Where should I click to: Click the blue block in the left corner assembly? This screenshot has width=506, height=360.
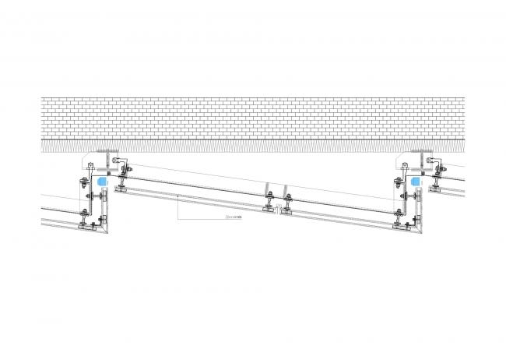[x=102, y=182]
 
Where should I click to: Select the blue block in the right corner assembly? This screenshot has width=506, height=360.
[x=415, y=182]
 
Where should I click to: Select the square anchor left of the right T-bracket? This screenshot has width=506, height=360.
[x=404, y=166]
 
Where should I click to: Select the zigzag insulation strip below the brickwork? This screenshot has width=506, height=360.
[x=253, y=145]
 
